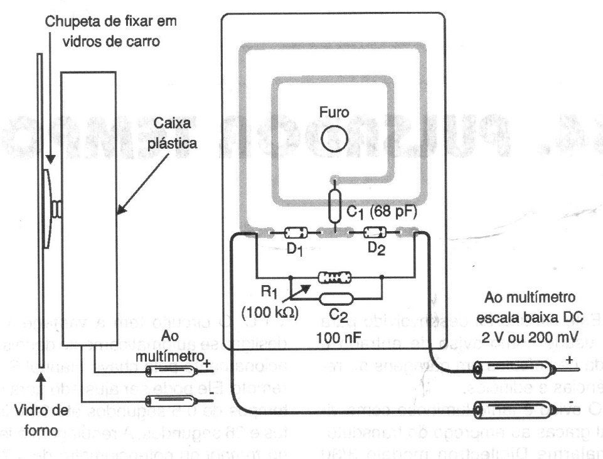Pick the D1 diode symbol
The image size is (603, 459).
tap(295, 234)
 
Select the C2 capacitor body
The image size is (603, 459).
tap(336, 298)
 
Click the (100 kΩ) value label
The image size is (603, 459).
tap(266, 311)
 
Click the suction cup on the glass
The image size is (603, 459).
tap(49, 207)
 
